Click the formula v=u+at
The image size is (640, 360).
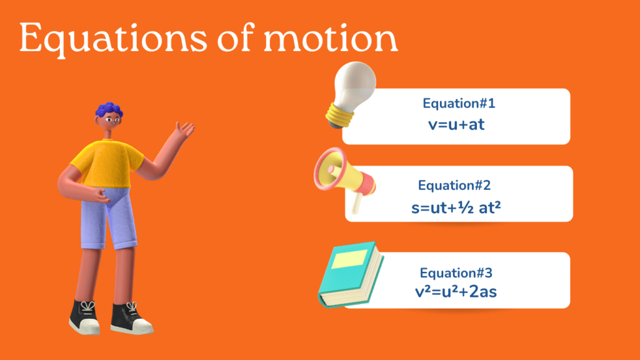[x=456, y=125]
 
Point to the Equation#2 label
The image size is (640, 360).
[x=454, y=185]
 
